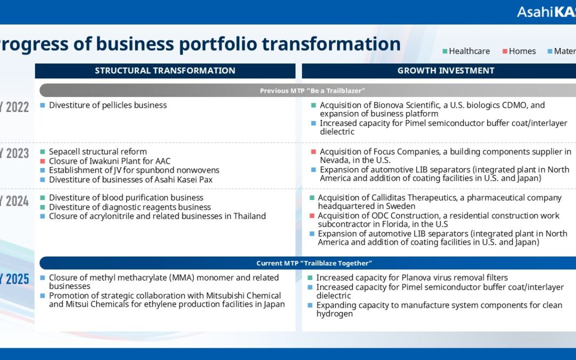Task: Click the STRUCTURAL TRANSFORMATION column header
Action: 165,70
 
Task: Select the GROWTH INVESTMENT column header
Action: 445,70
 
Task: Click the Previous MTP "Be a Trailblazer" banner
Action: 312,90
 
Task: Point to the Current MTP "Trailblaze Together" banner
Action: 312,263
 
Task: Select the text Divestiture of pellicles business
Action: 108,105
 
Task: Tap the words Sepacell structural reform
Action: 98,151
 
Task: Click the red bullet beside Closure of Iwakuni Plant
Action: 43,161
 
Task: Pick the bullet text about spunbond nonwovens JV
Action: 134,170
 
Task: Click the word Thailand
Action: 248,216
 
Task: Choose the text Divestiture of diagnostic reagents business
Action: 130,207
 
